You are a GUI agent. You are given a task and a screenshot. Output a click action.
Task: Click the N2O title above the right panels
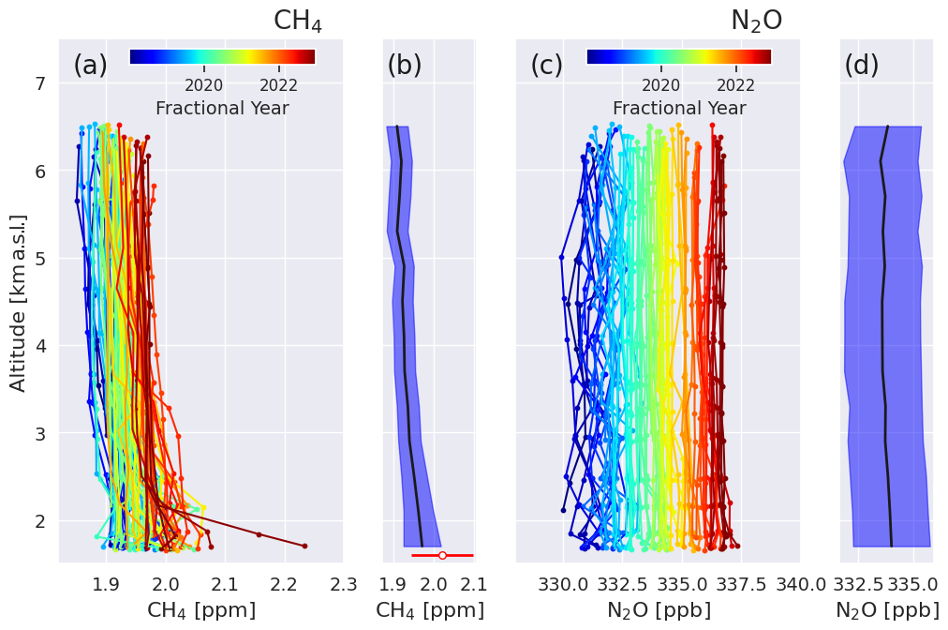(756, 21)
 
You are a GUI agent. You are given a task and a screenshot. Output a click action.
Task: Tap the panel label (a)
(90, 66)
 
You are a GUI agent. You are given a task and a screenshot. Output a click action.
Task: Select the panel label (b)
(405, 66)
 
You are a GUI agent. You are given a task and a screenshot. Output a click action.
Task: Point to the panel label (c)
(546, 66)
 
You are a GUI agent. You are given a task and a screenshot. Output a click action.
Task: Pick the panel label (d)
(861, 66)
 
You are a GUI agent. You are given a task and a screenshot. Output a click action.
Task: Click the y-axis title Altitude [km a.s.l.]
(19, 302)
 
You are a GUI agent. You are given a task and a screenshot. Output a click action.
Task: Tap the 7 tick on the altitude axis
(40, 83)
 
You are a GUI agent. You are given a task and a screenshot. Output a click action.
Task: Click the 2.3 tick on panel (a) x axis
(343, 583)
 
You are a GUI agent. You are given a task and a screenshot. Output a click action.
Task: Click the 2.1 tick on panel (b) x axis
(473, 583)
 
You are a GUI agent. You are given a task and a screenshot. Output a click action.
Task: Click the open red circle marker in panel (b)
(442, 555)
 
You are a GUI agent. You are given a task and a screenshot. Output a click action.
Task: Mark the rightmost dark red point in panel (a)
(304, 546)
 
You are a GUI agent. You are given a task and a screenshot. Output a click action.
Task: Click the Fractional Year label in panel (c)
(679, 108)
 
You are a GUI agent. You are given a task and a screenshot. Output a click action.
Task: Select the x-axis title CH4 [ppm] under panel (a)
(201, 610)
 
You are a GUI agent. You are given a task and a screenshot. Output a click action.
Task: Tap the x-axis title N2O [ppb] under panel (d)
(887, 610)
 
